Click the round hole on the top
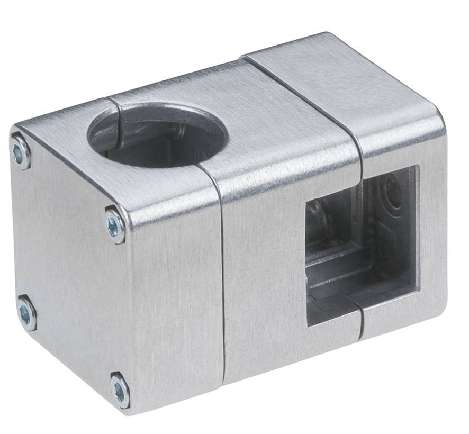coord(157,134)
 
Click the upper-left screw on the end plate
coord(21,151)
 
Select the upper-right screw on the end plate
coord(115,225)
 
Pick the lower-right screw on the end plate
coord(120,391)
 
